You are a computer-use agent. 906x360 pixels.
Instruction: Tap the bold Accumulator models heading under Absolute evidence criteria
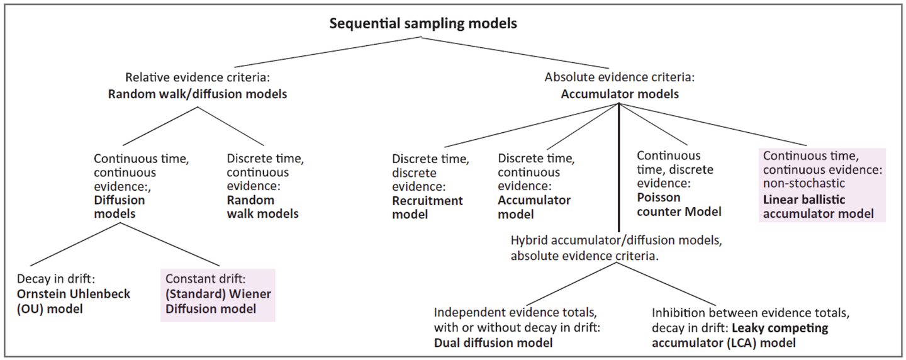click(620, 95)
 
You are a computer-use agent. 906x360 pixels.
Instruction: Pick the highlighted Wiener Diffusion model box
click(217, 295)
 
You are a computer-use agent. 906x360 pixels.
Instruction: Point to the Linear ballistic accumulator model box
click(822, 185)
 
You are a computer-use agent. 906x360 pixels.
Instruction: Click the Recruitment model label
click(427, 208)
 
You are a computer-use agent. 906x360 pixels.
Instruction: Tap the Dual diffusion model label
click(493, 343)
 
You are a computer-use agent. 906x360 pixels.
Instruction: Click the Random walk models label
click(262, 207)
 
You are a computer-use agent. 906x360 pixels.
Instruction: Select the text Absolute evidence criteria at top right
click(620, 78)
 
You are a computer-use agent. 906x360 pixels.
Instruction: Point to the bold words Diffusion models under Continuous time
click(119, 207)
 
